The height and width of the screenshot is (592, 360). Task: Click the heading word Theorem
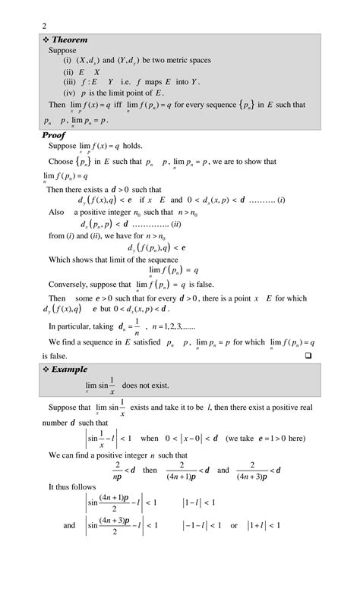click(69, 39)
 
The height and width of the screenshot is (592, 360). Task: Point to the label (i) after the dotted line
click(281, 200)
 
